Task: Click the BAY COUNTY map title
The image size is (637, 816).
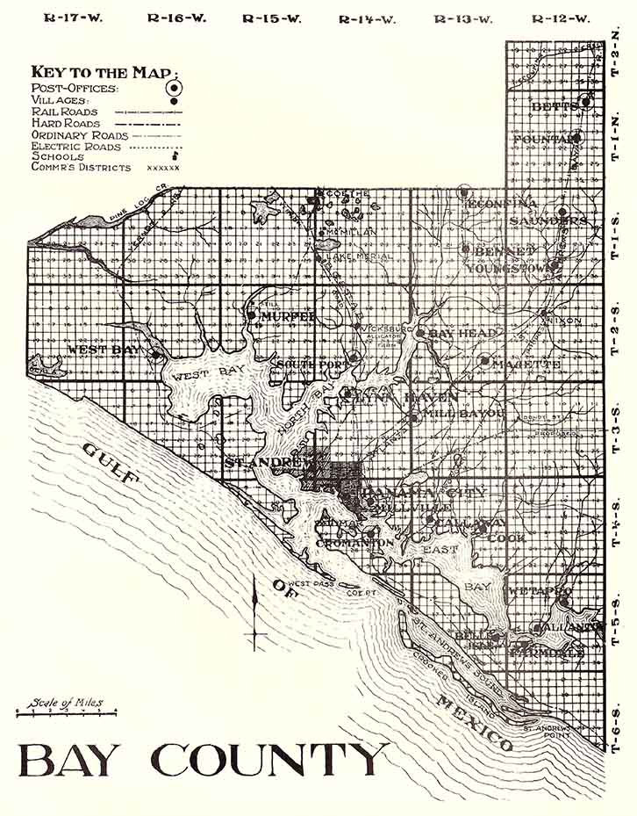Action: click(x=203, y=761)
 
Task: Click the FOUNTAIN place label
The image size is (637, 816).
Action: click(x=546, y=139)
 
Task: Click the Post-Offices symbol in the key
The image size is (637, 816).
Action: click(x=174, y=87)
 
